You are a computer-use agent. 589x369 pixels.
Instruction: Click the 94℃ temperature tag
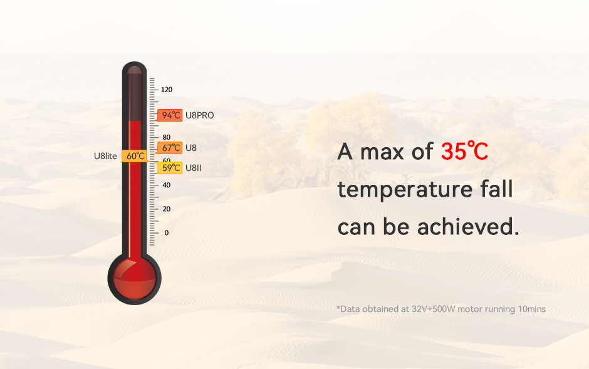tap(170, 115)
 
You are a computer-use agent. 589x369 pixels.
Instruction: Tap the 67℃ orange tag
tap(170, 148)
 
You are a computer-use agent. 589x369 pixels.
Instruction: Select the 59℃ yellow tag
tap(170, 168)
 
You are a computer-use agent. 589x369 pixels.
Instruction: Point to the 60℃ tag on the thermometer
tap(135, 156)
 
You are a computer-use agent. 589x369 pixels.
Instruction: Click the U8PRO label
tap(200, 115)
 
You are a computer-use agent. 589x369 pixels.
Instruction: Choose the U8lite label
tap(105, 156)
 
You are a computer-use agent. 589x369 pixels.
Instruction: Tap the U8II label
tap(194, 168)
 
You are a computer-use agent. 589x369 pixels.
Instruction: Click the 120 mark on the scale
tap(167, 90)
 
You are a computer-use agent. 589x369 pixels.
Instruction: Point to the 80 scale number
tap(167, 137)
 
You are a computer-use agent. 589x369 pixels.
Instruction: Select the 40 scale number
tap(167, 185)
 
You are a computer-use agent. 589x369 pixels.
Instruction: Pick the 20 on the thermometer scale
tap(167, 209)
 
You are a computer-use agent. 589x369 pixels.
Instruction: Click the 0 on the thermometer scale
tap(167, 232)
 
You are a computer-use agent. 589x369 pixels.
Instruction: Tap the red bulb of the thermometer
tap(135, 278)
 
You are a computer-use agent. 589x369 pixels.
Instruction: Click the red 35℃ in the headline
tap(464, 152)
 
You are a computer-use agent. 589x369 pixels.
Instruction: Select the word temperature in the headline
tap(405, 190)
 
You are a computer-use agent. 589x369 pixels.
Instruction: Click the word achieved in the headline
tap(468, 227)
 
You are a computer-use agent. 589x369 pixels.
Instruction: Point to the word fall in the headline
tap(497, 189)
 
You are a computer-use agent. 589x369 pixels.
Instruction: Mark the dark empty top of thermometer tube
tap(135, 95)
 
